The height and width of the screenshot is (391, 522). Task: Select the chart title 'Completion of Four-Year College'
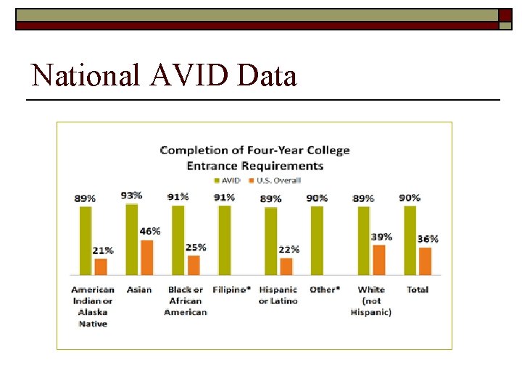tap(254, 151)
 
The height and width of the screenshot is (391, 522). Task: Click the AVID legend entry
tap(226, 180)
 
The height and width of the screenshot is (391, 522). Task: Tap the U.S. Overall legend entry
tap(275, 180)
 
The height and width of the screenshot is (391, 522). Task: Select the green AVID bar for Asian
tap(132, 240)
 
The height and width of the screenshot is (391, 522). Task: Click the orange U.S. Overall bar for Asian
tap(147, 258)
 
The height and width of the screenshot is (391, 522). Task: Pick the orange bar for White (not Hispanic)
tap(379, 260)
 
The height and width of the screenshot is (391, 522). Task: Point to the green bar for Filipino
tap(225, 240)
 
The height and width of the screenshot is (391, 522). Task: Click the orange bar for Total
tap(426, 261)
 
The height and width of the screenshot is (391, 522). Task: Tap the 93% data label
tap(132, 195)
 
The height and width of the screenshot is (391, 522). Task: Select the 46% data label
tap(150, 232)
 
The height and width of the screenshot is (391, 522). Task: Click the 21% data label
tap(103, 251)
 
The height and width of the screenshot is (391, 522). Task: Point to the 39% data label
tap(381, 237)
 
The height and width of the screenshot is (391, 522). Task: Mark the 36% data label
tap(428, 239)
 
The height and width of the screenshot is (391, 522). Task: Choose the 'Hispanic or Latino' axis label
tap(278, 295)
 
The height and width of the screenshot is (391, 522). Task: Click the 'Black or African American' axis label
tap(186, 300)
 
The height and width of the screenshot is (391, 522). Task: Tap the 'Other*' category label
tap(324, 290)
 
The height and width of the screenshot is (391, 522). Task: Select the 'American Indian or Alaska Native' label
tap(93, 306)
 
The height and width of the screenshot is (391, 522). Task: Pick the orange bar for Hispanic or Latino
tap(286, 266)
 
